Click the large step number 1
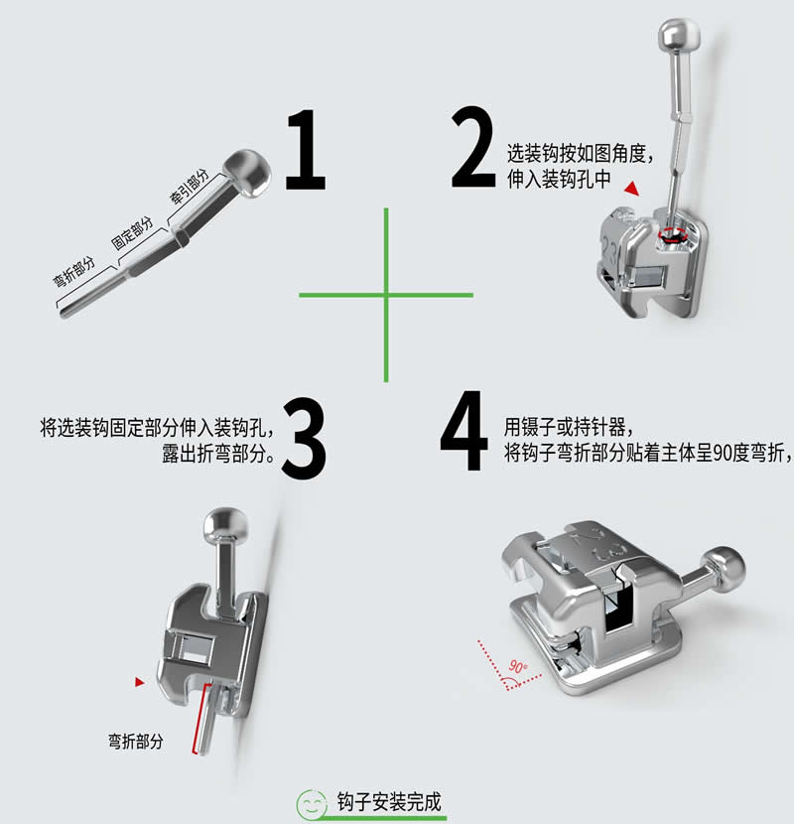[x=306, y=151]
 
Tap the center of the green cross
[x=386, y=294]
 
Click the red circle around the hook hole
[x=675, y=235]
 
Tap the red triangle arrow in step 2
[x=631, y=187]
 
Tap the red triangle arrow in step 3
[x=140, y=680]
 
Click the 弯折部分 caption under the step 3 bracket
[x=136, y=741]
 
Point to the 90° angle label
[x=515, y=666]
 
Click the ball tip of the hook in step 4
[x=730, y=567]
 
